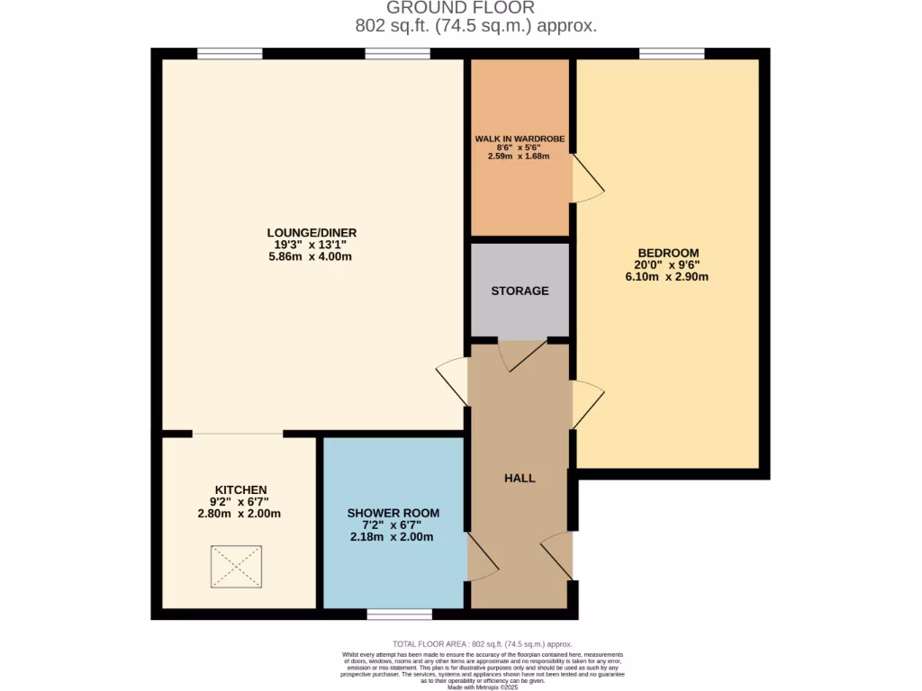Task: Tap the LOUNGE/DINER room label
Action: click(x=312, y=232)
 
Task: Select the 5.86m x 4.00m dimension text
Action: click(x=312, y=256)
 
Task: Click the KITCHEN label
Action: click(x=240, y=489)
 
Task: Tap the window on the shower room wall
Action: click(x=399, y=615)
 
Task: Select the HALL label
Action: click(x=520, y=478)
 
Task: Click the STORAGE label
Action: click(x=520, y=291)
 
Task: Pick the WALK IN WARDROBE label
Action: click(x=520, y=139)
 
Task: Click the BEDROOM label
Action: click(x=667, y=253)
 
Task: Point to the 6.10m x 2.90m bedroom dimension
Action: click(x=667, y=277)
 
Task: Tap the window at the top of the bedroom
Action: click(x=672, y=54)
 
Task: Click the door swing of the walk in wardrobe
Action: click(x=587, y=177)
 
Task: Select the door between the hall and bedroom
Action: click(x=586, y=404)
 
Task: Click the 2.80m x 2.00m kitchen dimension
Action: click(x=240, y=514)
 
